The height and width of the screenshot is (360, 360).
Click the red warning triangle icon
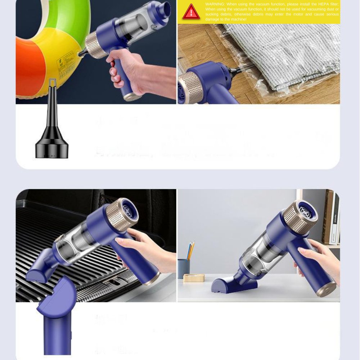click(x=191, y=12)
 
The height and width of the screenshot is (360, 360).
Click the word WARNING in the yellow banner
click(x=215, y=4)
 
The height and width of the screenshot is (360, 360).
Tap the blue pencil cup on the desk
click(x=184, y=268)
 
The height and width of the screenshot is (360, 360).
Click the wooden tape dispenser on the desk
click(x=194, y=278)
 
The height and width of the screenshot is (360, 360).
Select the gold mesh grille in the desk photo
click(x=294, y=218)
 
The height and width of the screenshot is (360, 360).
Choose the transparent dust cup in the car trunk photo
click(x=77, y=241)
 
